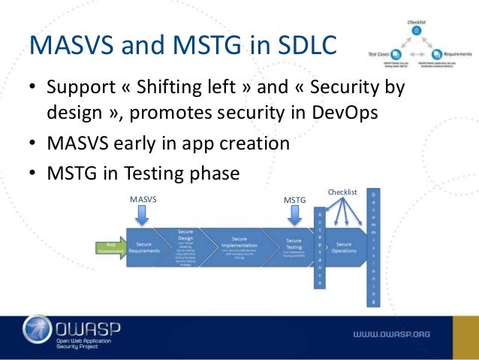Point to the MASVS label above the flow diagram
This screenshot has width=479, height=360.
(143, 198)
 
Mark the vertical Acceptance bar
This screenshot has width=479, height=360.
(319, 248)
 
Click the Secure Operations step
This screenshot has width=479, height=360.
(344, 249)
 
